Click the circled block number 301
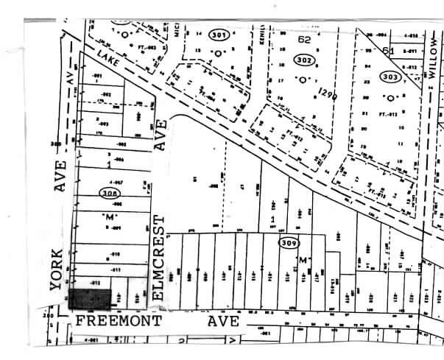(217, 35)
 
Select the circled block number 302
(303, 60)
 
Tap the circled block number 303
(391, 77)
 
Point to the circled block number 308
(108, 193)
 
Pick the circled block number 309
(288, 242)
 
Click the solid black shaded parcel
(90, 298)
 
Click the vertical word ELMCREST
(162, 261)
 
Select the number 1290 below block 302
(327, 93)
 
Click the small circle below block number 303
(392, 97)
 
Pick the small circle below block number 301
(219, 53)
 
